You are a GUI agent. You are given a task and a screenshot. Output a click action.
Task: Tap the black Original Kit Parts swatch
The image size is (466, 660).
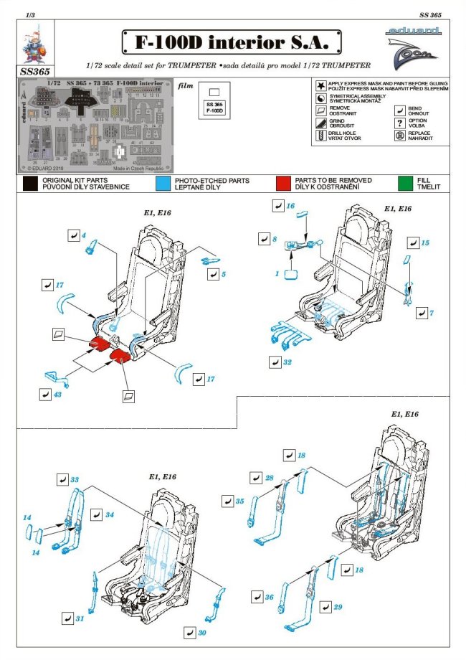pyautogui.click(x=29, y=184)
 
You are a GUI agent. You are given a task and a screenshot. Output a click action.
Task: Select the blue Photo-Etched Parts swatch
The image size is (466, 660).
pyautogui.click(x=163, y=184)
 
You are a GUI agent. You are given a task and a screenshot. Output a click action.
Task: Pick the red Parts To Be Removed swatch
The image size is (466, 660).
pyautogui.click(x=282, y=184)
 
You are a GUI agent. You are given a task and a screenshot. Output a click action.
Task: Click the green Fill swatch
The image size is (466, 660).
pyautogui.click(x=403, y=184)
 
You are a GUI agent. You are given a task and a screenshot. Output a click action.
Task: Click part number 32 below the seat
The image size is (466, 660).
pyautogui.click(x=287, y=362)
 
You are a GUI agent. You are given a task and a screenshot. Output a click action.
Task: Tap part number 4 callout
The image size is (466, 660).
pyautogui.click(x=84, y=236)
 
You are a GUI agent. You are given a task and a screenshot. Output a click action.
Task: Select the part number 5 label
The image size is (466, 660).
pyautogui.click(x=223, y=274)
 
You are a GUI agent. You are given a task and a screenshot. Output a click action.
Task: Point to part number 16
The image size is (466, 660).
pyautogui.click(x=290, y=206)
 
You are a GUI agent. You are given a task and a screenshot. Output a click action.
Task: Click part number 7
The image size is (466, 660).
pyautogui.click(x=432, y=313)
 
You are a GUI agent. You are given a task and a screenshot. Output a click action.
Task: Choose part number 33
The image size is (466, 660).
pyautogui.click(x=74, y=479)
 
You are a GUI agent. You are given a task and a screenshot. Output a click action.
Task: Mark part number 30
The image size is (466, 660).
pyautogui.click(x=203, y=633)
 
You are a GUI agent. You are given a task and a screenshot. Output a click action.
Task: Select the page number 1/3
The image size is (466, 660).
pyautogui.click(x=29, y=14)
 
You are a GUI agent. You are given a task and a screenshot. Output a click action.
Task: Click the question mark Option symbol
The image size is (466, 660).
pyautogui.click(x=399, y=123)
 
